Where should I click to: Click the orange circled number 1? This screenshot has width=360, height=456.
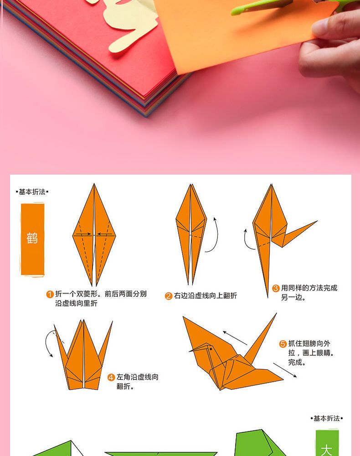50,294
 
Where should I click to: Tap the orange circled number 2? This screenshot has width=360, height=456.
169,296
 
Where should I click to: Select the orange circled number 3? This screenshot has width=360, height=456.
276,288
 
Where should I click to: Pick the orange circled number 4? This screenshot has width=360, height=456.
111,378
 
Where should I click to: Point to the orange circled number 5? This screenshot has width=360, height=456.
283,344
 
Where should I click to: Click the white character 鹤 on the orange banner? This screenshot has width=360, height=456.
32,238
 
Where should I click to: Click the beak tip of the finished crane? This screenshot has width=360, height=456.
189,352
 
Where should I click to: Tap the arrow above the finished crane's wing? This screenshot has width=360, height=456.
235,337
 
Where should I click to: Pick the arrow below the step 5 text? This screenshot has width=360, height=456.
285,370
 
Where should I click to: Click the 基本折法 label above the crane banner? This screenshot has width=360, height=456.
32,192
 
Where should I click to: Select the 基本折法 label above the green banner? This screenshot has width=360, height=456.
327,419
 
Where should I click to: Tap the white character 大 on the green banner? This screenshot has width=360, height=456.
327,450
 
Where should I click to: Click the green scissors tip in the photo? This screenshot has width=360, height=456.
233,12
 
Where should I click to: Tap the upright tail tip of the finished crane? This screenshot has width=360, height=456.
276,314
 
